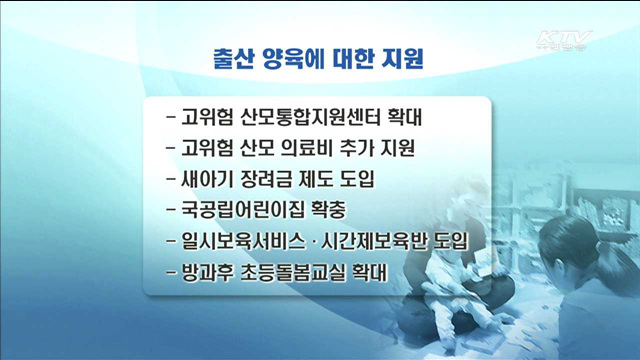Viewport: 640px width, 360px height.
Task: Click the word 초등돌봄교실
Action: click(x=291, y=273)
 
